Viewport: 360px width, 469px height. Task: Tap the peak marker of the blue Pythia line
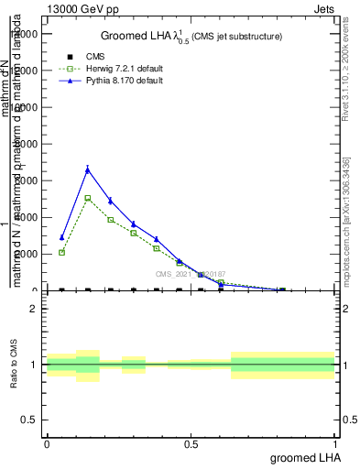pyautogui.click(x=88, y=169)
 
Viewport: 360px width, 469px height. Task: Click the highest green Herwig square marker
pyautogui.click(x=88, y=198)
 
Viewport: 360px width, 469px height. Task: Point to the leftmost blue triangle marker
pyautogui.click(x=61, y=237)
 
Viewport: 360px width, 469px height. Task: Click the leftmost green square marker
pyautogui.click(x=61, y=253)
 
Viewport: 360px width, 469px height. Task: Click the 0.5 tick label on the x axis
pyautogui.click(x=191, y=444)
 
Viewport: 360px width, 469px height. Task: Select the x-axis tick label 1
pyautogui.click(x=335, y=444)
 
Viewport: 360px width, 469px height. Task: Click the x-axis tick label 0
pyautogui.click(x=47, y=444)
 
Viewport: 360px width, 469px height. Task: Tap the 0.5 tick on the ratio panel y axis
pyautogui.click(x=29, y=420)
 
